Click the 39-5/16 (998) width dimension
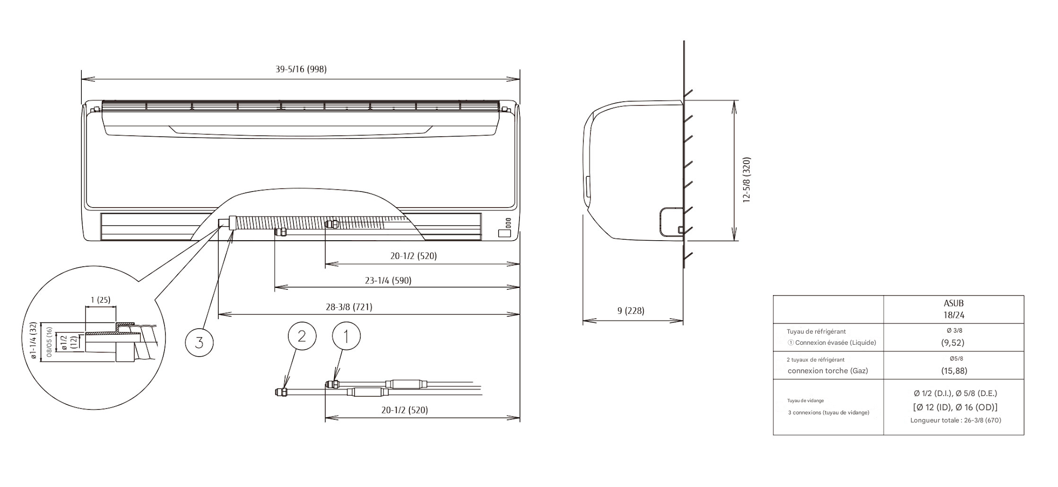click(301, 69)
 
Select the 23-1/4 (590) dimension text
click(388, 280)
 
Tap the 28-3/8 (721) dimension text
click(349, 307)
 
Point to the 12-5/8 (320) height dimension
click(746, 180)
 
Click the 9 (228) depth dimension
click(630, 311)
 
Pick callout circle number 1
click(346, 336)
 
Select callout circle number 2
click(302, 336)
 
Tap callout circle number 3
click(199, 342)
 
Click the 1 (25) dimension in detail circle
click(100, 300)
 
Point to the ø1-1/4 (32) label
click(33, 341)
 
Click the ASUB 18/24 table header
click(953, 309)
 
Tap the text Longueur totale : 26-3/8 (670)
click(955, 420)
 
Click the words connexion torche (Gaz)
click(827, 371)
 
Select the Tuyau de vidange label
click(806, 401)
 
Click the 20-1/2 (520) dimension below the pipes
click(404, 410)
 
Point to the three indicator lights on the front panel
click(508, 222)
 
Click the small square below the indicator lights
click(504, 233)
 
